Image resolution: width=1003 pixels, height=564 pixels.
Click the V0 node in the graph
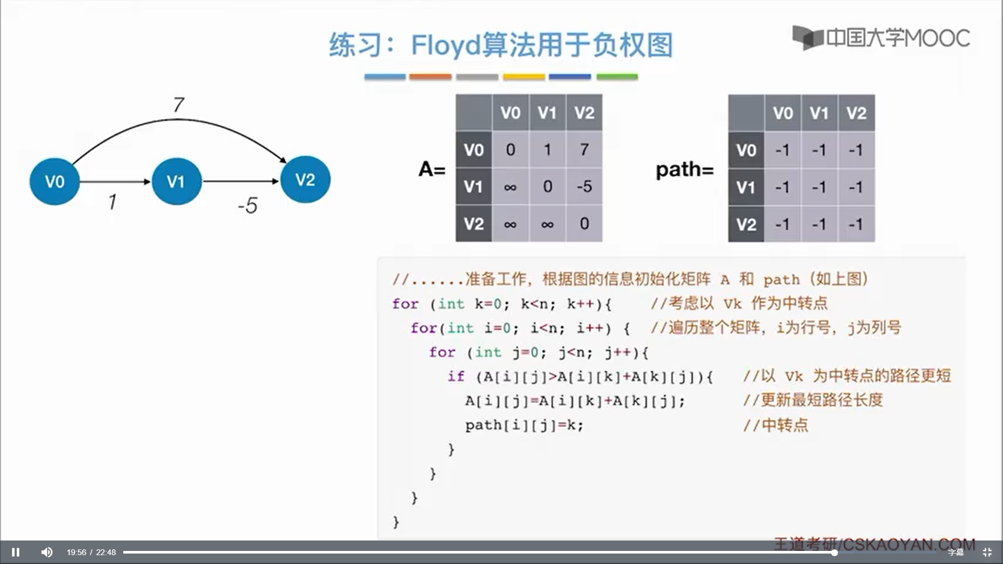point(54,181)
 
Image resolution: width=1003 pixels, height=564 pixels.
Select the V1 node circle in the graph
point(177,181)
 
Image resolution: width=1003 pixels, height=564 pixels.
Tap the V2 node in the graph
point(305,180)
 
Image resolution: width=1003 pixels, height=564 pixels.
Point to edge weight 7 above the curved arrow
point(179,105)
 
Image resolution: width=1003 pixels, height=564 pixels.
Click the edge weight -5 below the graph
point(248,205)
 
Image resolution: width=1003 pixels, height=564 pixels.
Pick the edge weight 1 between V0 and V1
point(112,202)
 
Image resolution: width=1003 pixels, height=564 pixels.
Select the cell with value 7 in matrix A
point(584,149)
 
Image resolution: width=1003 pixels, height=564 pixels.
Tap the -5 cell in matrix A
point(584,186)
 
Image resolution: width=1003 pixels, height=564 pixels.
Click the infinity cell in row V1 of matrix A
point(510,186)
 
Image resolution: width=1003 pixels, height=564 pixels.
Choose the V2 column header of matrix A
point(584,112)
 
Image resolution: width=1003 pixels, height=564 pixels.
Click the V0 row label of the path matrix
point(746,150)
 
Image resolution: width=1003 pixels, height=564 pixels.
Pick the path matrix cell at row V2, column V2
point(856,224)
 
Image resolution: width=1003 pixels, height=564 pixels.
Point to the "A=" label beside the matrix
point(431,169)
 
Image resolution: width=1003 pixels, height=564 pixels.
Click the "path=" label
point(684,170)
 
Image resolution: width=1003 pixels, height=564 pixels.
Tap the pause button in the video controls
point(16,552)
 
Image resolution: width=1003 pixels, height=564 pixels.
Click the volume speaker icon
point(47,552)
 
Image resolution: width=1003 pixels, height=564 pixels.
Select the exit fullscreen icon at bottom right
point(987,552)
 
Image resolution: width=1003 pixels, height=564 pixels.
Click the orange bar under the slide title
point(430,77)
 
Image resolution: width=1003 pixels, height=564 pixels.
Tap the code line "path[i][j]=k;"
point(524,425)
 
